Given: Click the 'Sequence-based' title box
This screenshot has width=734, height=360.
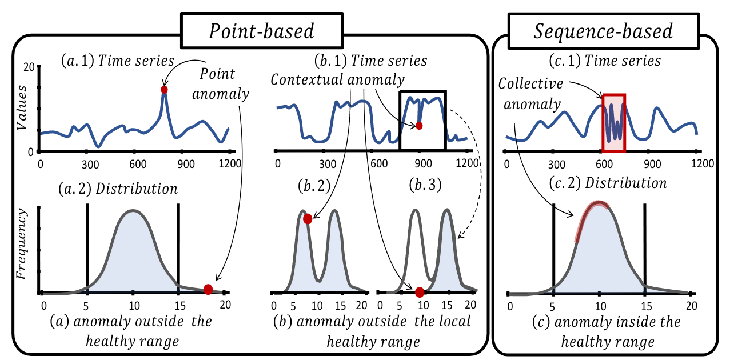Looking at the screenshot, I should click(604, 31).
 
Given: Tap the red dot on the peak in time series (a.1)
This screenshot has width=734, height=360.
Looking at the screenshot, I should click(165, 90).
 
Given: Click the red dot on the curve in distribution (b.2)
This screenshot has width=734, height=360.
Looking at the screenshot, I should click(308, 218).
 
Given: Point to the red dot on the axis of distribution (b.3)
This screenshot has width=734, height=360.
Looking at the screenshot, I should click(420, 292).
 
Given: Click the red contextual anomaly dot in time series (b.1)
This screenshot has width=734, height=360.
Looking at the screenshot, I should click(419, 126).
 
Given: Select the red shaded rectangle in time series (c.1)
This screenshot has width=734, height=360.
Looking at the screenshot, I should click(614, 123).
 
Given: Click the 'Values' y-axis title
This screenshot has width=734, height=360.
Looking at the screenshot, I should click(21, 109).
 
